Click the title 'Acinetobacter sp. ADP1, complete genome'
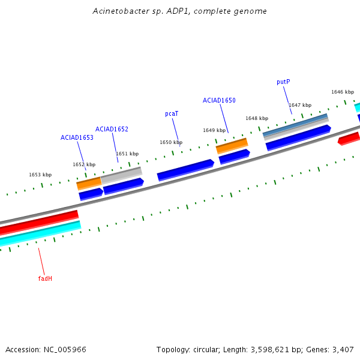[x=180, y=11]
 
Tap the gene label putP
[x=283, y=82]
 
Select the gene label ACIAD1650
[x=219, y=100]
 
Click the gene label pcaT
[x=172, y=113]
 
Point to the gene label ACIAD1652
[x=112, y=129]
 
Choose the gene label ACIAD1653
[x=77, y=137]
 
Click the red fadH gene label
[x=45, y=278]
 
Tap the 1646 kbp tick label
[x=342, y=92]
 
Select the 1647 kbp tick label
[x=299, y=105]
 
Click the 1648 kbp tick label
[x=257, y=118]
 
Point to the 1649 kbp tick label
[x=214, y=130]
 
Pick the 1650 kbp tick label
[x=171, y=142]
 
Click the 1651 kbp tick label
[x=127, y=154]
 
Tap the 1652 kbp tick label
[x=84, y=164]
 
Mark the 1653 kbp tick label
[x=40, y=175]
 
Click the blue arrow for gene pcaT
[x=185, y=170]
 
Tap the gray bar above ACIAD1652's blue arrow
[x=121, y=175]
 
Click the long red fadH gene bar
[x=39, y=221]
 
